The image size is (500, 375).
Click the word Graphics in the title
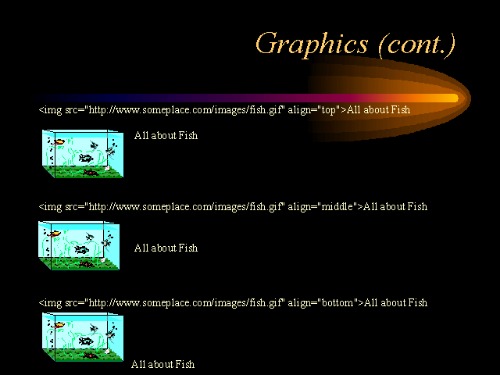312,45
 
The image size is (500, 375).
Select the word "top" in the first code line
328,110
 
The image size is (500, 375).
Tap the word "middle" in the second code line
337,206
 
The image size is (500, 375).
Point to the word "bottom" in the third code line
337,302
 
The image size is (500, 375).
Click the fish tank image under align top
83,153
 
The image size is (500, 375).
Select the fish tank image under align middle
79,245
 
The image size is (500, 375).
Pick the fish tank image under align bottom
83,337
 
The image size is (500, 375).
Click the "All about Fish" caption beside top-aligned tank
166,135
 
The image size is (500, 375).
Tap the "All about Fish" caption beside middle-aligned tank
166,248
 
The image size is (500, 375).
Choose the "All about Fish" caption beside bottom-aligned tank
162,364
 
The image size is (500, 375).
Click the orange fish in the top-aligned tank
59,142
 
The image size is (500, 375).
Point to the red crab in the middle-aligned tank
86,264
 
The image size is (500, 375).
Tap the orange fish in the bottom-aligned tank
59,326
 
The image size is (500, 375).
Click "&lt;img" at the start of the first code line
50,110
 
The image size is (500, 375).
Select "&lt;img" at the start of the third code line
50,302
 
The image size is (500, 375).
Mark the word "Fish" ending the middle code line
417,206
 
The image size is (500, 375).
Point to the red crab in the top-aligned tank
91,173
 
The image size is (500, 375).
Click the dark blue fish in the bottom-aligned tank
86,341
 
